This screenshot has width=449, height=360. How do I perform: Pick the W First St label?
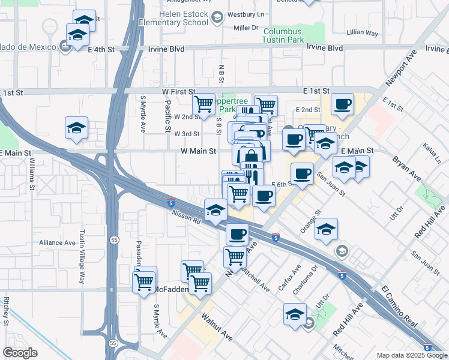179,91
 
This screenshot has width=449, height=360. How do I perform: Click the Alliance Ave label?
57,242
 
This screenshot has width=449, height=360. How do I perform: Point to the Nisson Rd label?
185,216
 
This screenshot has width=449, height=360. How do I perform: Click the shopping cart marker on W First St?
204,104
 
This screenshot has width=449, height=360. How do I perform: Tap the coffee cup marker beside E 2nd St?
342,104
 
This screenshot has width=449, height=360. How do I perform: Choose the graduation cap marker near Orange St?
326,229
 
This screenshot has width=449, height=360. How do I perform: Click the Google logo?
20,353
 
